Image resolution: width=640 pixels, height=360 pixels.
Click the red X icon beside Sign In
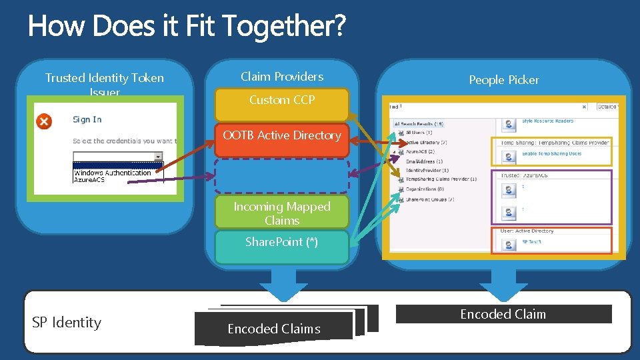[43, 121]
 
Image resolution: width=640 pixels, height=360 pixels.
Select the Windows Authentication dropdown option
[112, 173]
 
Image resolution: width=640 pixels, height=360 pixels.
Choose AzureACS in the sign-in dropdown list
[89, 180]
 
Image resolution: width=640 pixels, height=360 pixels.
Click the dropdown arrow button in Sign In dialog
[158, 157]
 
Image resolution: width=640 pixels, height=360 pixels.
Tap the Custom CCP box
[281, 101]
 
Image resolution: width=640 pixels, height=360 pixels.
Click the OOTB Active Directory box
[281, 136]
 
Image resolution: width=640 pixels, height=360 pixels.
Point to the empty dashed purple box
[281, 175]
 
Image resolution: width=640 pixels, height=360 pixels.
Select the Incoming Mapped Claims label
[281, 213]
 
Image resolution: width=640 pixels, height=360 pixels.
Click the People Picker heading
[503, 80]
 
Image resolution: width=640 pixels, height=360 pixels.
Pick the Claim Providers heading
[281, 77]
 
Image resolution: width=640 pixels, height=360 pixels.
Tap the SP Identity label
[67, 323]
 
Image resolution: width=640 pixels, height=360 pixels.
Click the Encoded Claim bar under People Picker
[503, 315]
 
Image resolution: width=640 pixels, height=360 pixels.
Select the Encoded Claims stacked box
[273, 329]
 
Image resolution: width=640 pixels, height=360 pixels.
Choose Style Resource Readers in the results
[547, 121]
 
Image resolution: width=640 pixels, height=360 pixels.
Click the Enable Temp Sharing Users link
[551, 154]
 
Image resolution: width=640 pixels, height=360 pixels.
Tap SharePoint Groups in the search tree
[430, 199]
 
